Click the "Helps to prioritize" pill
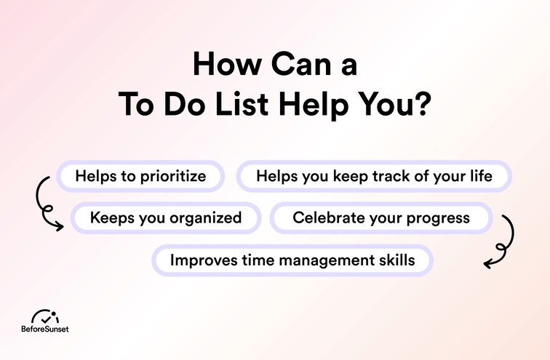coord(140,175)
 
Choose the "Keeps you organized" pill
coord(166,217)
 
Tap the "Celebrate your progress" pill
coord(381,217)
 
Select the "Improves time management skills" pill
coord(292,260)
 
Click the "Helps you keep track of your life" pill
coord(374,175)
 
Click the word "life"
coord(481,175)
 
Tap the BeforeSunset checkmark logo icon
coord(47,317)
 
